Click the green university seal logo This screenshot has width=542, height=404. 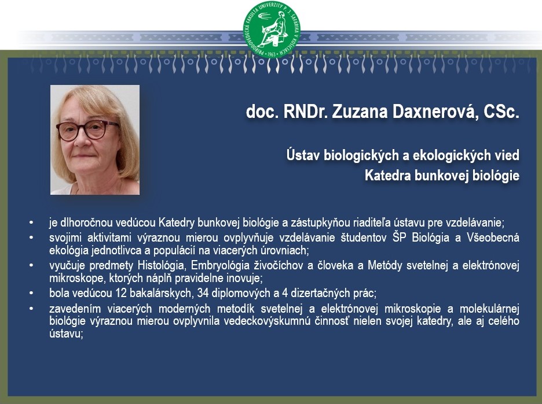point(272,29)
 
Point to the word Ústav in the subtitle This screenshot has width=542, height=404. point(303,155)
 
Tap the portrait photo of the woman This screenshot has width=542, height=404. point(95,140)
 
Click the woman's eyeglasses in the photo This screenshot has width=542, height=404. point(88,130)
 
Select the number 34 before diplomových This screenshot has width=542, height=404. point(203,293)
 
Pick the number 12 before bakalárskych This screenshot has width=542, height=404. point(122,293)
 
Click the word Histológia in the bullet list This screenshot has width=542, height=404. point(162,265)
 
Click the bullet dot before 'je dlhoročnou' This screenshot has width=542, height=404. point(31,223)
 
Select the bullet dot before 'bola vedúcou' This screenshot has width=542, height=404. point(31,294)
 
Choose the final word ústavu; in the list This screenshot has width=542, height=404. point(67,333)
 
